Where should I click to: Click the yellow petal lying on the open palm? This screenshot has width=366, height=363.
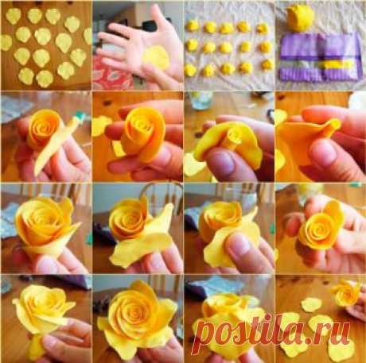tap(155, 57)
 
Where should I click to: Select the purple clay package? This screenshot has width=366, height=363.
tap(320, 56)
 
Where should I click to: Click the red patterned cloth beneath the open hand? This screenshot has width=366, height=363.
tap(111, 73)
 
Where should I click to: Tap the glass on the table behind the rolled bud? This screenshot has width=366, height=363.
tap(201, 100)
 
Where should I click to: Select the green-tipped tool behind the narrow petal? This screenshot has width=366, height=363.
tap(78, 115)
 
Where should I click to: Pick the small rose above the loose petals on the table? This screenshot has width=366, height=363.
tap(346, 293)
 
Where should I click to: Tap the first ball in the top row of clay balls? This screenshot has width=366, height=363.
tap(193, 25)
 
